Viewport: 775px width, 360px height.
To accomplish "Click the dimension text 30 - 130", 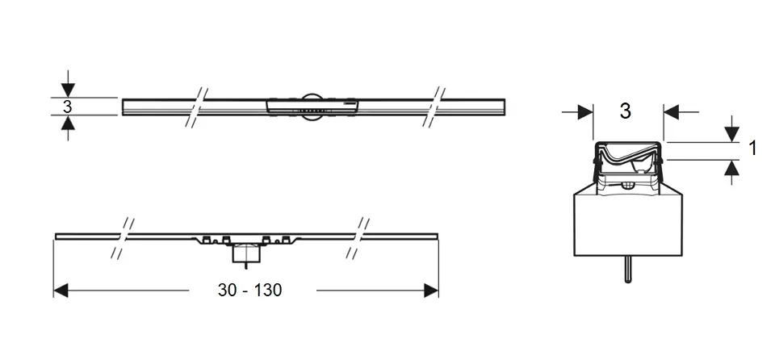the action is (249, 290).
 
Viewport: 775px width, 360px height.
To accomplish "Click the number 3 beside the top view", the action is (67, 107).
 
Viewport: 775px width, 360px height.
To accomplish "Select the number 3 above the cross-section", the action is (625, 111).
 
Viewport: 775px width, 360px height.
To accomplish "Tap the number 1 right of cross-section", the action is (752, 148).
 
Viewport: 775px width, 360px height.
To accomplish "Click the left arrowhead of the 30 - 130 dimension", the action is (61, 291).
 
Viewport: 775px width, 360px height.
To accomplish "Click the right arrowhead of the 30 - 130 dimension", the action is (431, 291).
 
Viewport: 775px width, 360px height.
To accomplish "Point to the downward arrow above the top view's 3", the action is (68, 84).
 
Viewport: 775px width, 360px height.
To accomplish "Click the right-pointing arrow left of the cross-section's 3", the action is (577, 112).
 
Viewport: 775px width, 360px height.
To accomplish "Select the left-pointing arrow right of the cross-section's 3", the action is (681, 112).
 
